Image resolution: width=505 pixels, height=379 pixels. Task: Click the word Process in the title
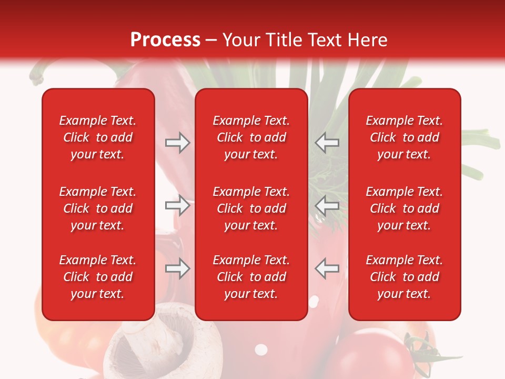pos(165,40)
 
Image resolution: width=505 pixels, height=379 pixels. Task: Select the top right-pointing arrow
pos(177,143)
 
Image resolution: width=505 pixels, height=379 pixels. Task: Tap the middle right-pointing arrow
pos(177,205)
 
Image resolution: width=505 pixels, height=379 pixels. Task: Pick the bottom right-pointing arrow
pos(177,268)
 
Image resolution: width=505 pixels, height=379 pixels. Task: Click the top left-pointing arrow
pos(327,143)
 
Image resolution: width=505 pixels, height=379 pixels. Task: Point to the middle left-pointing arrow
pos(327,205)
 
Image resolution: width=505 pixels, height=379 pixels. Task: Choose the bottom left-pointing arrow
pos(327,268)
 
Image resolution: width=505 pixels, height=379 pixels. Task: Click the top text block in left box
pos(98,137)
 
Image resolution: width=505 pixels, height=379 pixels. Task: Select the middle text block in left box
pos(98,208)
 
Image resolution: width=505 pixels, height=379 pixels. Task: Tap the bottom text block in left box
pos(98,277)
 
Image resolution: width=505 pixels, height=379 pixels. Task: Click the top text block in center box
pos(251,137)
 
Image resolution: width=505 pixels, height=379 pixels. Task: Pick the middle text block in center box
pos(251,208)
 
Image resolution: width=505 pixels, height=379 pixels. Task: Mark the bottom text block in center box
pos(251,277)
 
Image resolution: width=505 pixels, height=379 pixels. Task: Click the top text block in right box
pos(404,137)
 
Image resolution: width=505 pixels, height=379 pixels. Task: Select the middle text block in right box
pos(404,208)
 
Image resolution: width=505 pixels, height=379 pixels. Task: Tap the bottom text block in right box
pos(404,277)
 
